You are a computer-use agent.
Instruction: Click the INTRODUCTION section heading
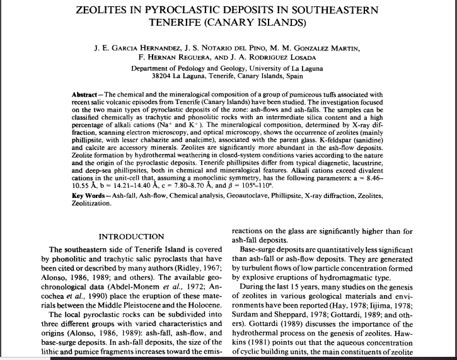pyautogui.click(x=132, y=237)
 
